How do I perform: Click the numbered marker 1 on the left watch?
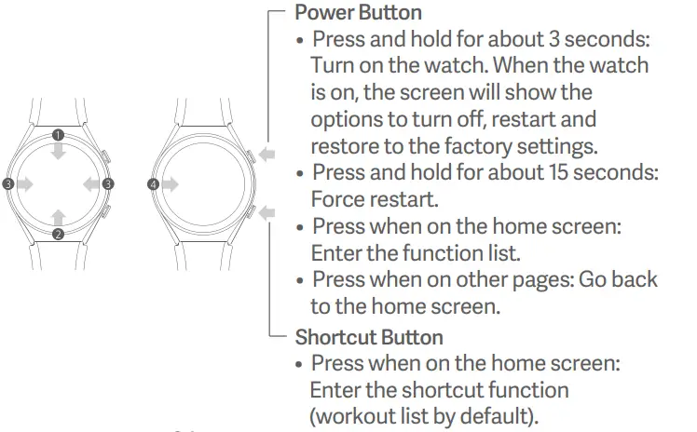coord(58,134)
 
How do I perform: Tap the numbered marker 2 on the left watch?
coord(58,234)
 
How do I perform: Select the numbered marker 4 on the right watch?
coord(153,184)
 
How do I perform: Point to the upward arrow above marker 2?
coord(58,216)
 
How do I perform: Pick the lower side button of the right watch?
coord(251,212)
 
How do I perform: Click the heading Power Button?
coord(358,13)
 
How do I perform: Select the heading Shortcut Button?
coord(369,337)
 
